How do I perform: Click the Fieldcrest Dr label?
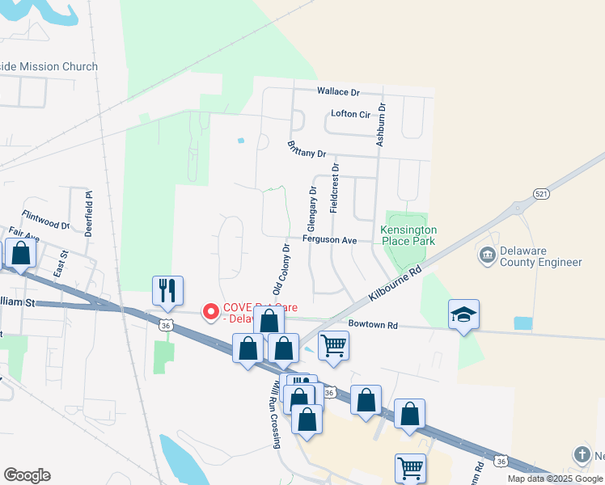tap(334, 188)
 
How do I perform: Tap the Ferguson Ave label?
tap(330, 240)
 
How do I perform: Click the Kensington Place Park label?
tap(408, 235)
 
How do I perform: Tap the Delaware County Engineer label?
tap(540, 257)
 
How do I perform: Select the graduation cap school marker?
tap(463, 314)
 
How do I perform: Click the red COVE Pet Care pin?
tap(211, 311)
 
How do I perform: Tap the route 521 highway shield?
tap(541, 194)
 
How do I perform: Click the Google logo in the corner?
tap(27, 475)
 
